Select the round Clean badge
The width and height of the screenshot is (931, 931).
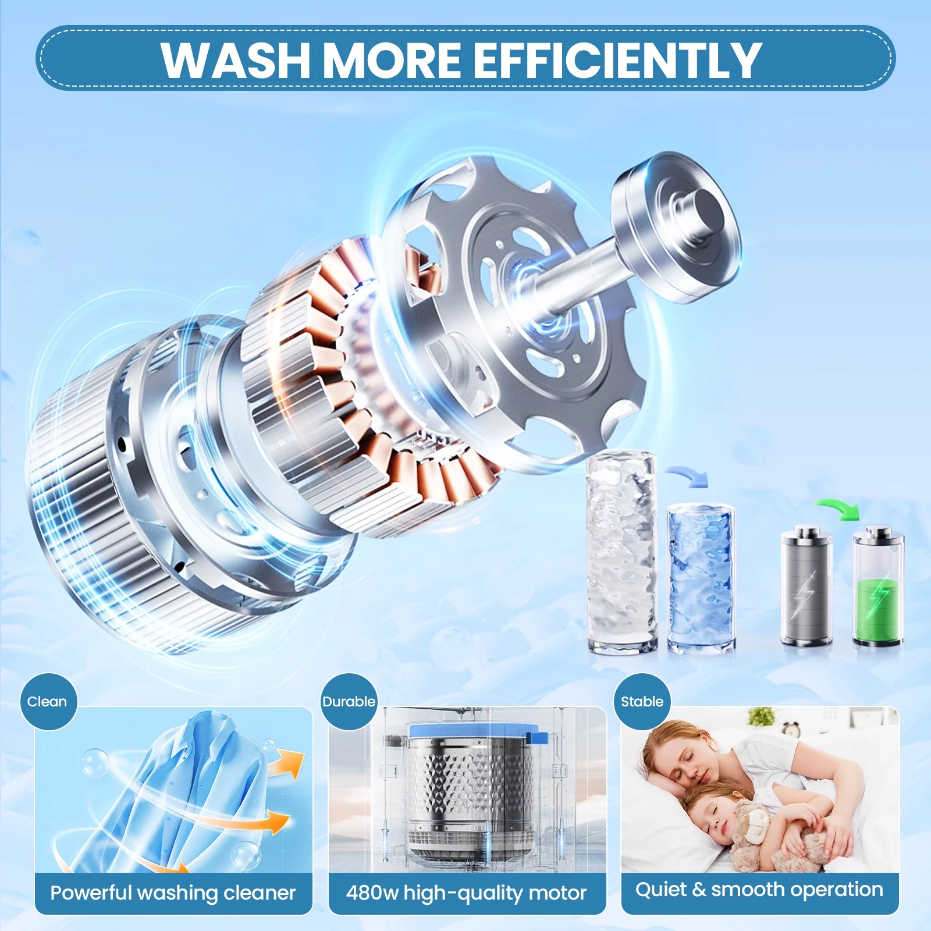(48, 701)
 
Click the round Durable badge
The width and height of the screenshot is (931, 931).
(349, 701)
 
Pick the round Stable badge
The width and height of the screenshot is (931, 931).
(642, 701)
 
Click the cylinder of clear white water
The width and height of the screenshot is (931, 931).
(621, 553)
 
